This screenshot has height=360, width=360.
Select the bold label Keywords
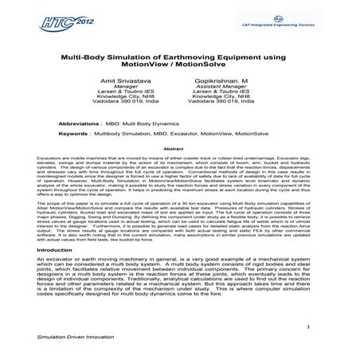click(x=72, y=135)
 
